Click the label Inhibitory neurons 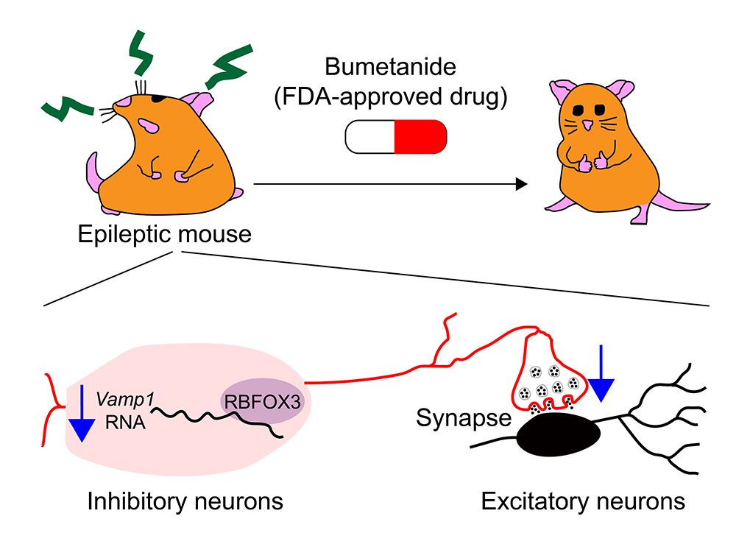click(185, 503)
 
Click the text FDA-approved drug click(390, 98)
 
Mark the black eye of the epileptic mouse click(158, 97)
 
